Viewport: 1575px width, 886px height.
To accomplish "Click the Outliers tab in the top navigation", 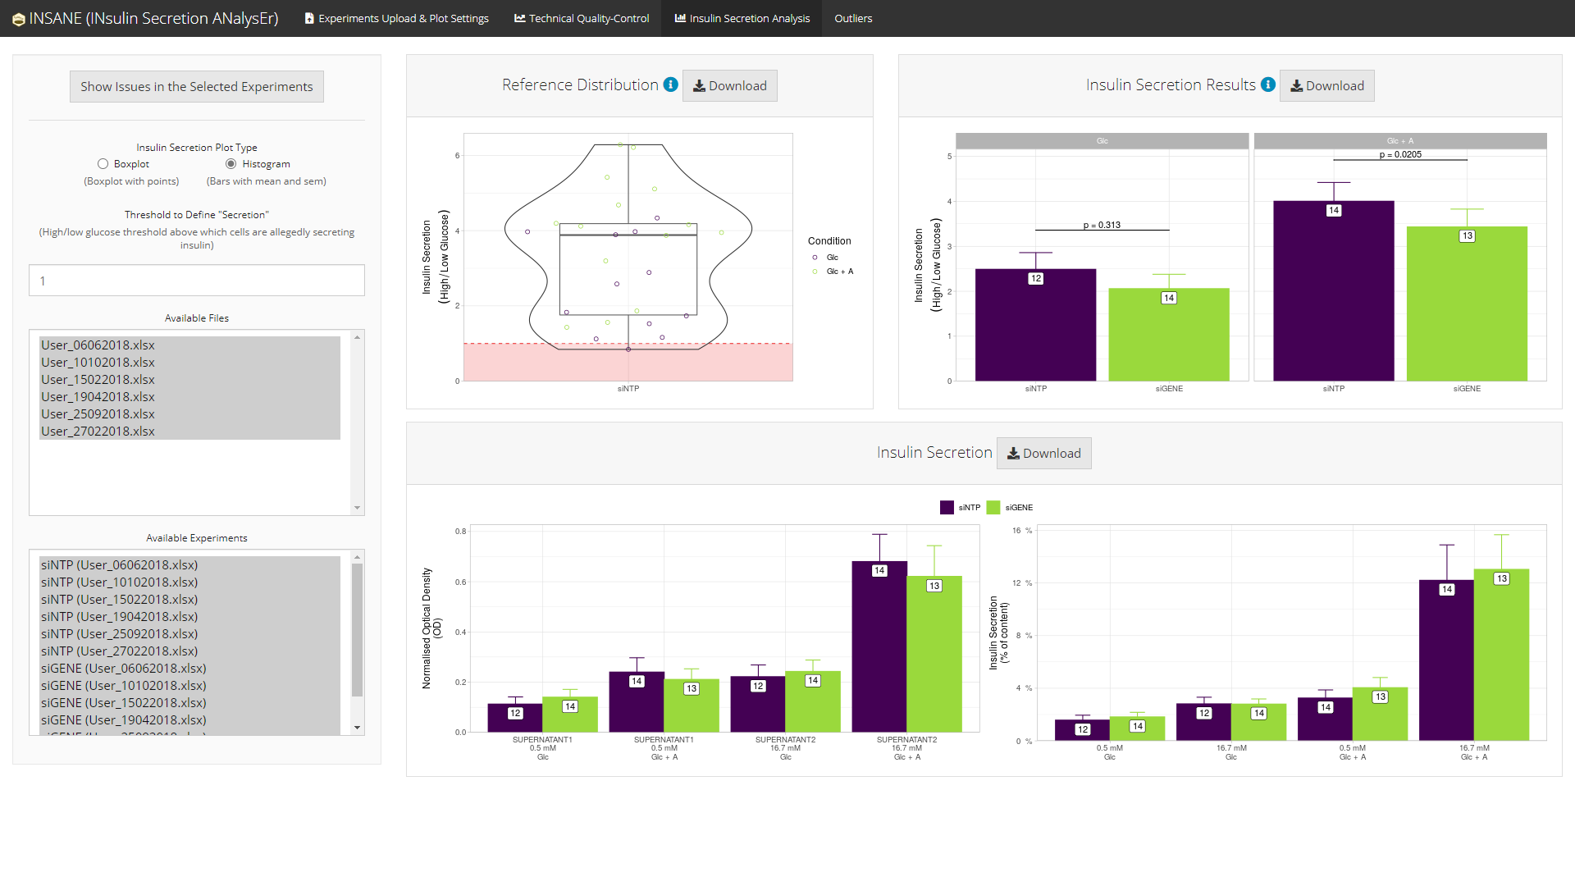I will tap(852, 18).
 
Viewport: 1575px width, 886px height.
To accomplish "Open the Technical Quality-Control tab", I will tap(582, 18).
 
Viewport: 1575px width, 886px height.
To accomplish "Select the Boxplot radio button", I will tap(103, 164).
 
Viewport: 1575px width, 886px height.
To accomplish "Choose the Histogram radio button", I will tap(231, 164).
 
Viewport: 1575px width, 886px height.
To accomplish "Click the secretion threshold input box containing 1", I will tap(197, 281).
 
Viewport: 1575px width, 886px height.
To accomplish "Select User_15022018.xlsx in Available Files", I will tap(98, 380).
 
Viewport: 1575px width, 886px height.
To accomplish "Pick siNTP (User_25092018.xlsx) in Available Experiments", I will tap(120, 634).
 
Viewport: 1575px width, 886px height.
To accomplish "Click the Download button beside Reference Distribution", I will tap(729, 86).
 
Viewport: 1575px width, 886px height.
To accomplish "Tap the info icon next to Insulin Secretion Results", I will tap(1268, 84).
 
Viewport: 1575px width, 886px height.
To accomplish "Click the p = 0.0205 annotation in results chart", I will tap(1400, 154).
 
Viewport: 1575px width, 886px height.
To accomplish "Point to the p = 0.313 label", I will tap(1102, 225).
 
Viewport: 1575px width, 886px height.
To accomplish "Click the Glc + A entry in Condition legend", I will tap(839, 272).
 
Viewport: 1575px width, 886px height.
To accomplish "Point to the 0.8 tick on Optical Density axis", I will tap(461, 532).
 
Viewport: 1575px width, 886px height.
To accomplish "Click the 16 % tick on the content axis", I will tap(1022, 531).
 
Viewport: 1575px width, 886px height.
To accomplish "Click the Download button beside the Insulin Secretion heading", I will tap(1043, 454).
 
